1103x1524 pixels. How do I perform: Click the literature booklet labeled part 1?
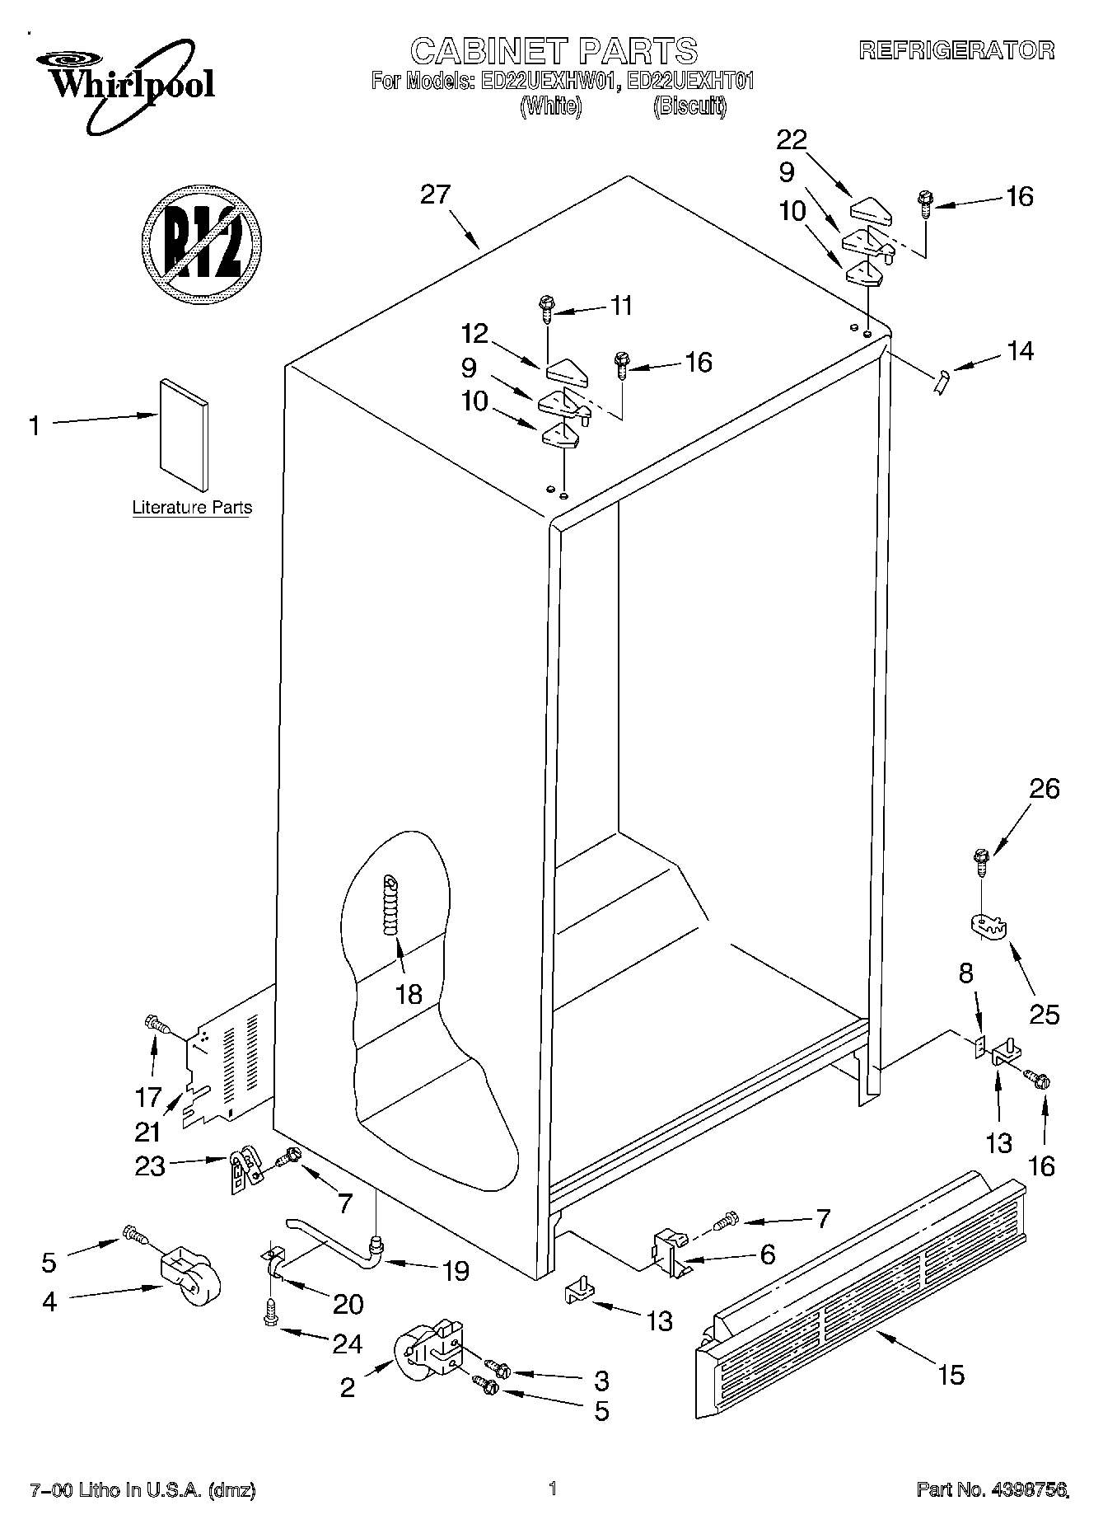click(183, 434)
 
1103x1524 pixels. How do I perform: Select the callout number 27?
click(436, 195)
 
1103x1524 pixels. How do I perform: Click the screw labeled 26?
click(981, 861)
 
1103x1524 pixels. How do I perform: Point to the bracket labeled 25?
click(988, 925)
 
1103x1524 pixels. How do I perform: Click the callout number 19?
click(455, 1271)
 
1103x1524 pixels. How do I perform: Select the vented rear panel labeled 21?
click(228, 1060)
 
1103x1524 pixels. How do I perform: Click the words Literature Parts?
click(192, 508)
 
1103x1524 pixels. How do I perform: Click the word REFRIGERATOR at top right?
click(956, 50)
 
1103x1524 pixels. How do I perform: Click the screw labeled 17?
click(157, 1025)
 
